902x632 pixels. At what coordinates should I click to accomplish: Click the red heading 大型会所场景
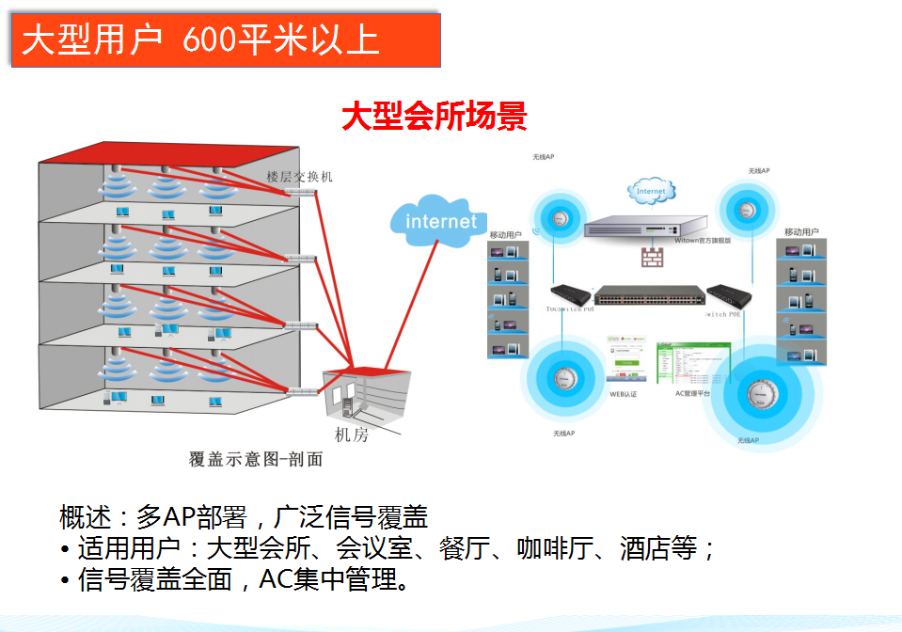point(434,117)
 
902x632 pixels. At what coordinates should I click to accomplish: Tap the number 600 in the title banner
point(211,40)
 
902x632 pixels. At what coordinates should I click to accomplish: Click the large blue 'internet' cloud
point(439,222)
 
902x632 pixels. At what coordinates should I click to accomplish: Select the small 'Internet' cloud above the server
point(650,191)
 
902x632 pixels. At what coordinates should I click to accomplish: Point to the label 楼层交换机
point(299,176)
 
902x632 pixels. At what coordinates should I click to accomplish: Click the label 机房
point(352,434)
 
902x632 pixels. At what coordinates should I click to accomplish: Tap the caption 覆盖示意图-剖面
point(255,459)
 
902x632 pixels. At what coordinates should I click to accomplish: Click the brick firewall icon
point(652,255)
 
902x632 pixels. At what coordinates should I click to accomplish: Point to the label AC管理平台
point(692,394)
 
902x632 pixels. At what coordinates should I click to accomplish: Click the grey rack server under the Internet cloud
point(644,226)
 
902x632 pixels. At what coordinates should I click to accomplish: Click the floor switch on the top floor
point(301,192)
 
